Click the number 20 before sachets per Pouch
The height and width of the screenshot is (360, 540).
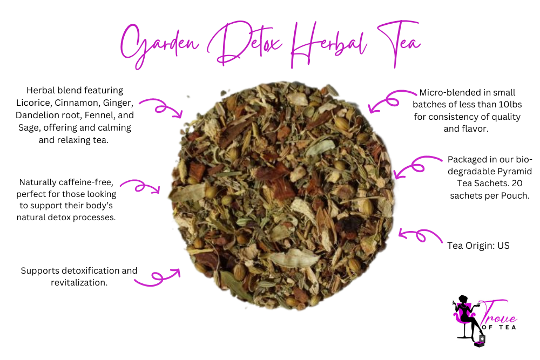click(x=524, y=184)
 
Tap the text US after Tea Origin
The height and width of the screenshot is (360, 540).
click(x=503, y=246)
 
